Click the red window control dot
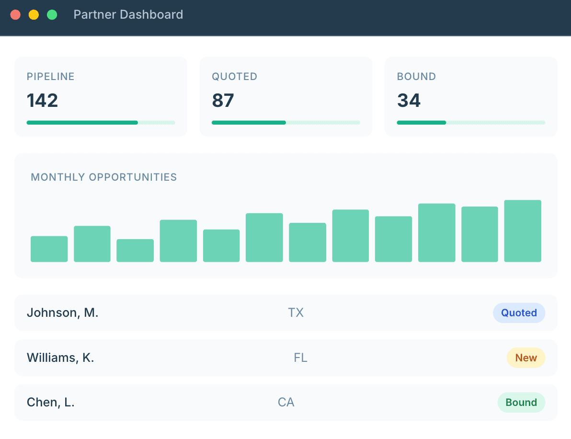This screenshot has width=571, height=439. (15, 15)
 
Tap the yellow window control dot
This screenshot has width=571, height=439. (34, 15)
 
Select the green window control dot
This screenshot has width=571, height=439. (52, 15)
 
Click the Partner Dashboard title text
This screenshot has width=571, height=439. (128, 15)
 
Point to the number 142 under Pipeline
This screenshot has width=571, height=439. (42, 101)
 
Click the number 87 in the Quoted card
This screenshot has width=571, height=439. (223, 101)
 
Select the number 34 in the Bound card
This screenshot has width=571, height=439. (409, 101)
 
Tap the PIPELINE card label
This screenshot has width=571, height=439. (50, 77)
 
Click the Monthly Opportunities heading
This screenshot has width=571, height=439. (104, 177)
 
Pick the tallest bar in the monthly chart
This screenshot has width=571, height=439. (523, 231)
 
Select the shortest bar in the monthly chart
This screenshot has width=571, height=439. (135, 250)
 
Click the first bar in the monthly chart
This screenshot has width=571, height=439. (49, 249)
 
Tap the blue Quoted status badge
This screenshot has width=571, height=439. (519, 313)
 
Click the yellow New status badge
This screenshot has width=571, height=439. (525, 358)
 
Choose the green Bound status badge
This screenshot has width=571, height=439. (521, 403)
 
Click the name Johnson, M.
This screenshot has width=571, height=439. (62, 313)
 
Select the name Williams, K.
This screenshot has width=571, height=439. (60, 358)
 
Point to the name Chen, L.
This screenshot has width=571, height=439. (50, 403)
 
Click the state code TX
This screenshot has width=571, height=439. (296, 313)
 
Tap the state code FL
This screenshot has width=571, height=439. (300, 358)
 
